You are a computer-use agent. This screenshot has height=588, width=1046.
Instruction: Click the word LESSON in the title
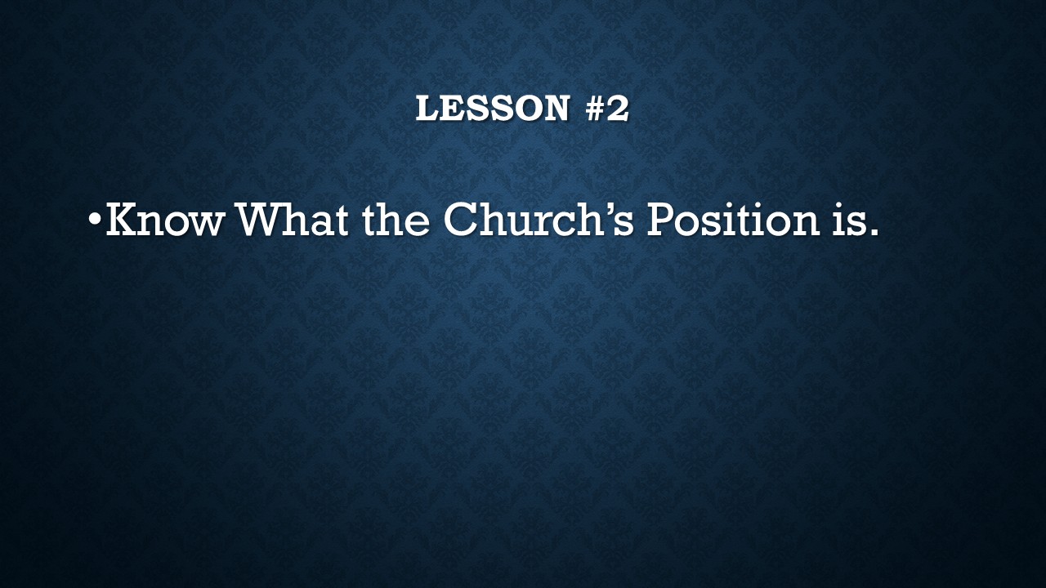tap(493, 109)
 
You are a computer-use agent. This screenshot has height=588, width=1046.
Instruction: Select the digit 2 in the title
tap(619, 109)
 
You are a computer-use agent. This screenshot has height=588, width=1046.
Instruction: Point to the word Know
tap(166, 219)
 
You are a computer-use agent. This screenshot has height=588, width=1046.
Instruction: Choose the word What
tap(293, 219)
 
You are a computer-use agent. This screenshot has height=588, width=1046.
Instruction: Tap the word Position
tap(733, 219)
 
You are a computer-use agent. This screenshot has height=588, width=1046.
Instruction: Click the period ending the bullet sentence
tap(872, 231)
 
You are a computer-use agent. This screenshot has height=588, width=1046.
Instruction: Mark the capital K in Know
tap(123, 219)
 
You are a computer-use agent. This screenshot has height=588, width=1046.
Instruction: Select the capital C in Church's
tap(460, 219)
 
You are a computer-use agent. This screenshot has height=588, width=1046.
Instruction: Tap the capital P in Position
tap(661, 219)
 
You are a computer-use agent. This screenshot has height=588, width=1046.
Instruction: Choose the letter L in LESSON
tap(427, 109)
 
